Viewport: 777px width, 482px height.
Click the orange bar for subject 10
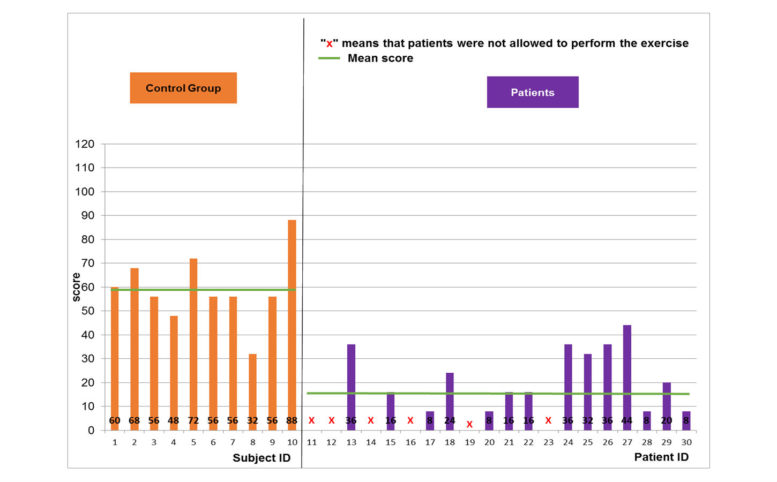pos(292,321)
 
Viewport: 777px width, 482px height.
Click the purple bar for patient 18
pos(450,396)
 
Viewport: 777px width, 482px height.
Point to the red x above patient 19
pos(469,424)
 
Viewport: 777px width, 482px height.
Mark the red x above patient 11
pos(311,420)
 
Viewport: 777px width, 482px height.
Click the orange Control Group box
pos(183,88)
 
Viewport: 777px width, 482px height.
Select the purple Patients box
pos(533,92)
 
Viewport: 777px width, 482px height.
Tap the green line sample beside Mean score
pos(329,58)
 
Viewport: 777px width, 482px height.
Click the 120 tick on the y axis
pos(85,144)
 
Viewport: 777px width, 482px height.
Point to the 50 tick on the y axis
pos(88,311)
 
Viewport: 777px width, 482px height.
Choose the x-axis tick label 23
pos(548,442)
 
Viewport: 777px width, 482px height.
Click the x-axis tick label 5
pos(193,442)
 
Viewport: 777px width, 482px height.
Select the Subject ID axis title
pos(262,458)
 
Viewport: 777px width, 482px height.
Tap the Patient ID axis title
pos(661,457)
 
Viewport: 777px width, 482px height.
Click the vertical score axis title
pos(77,287)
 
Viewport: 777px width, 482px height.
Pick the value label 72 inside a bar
pos(193,420)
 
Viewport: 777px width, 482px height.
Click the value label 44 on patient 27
pos(627,420)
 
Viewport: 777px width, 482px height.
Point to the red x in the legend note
pos(330,44)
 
